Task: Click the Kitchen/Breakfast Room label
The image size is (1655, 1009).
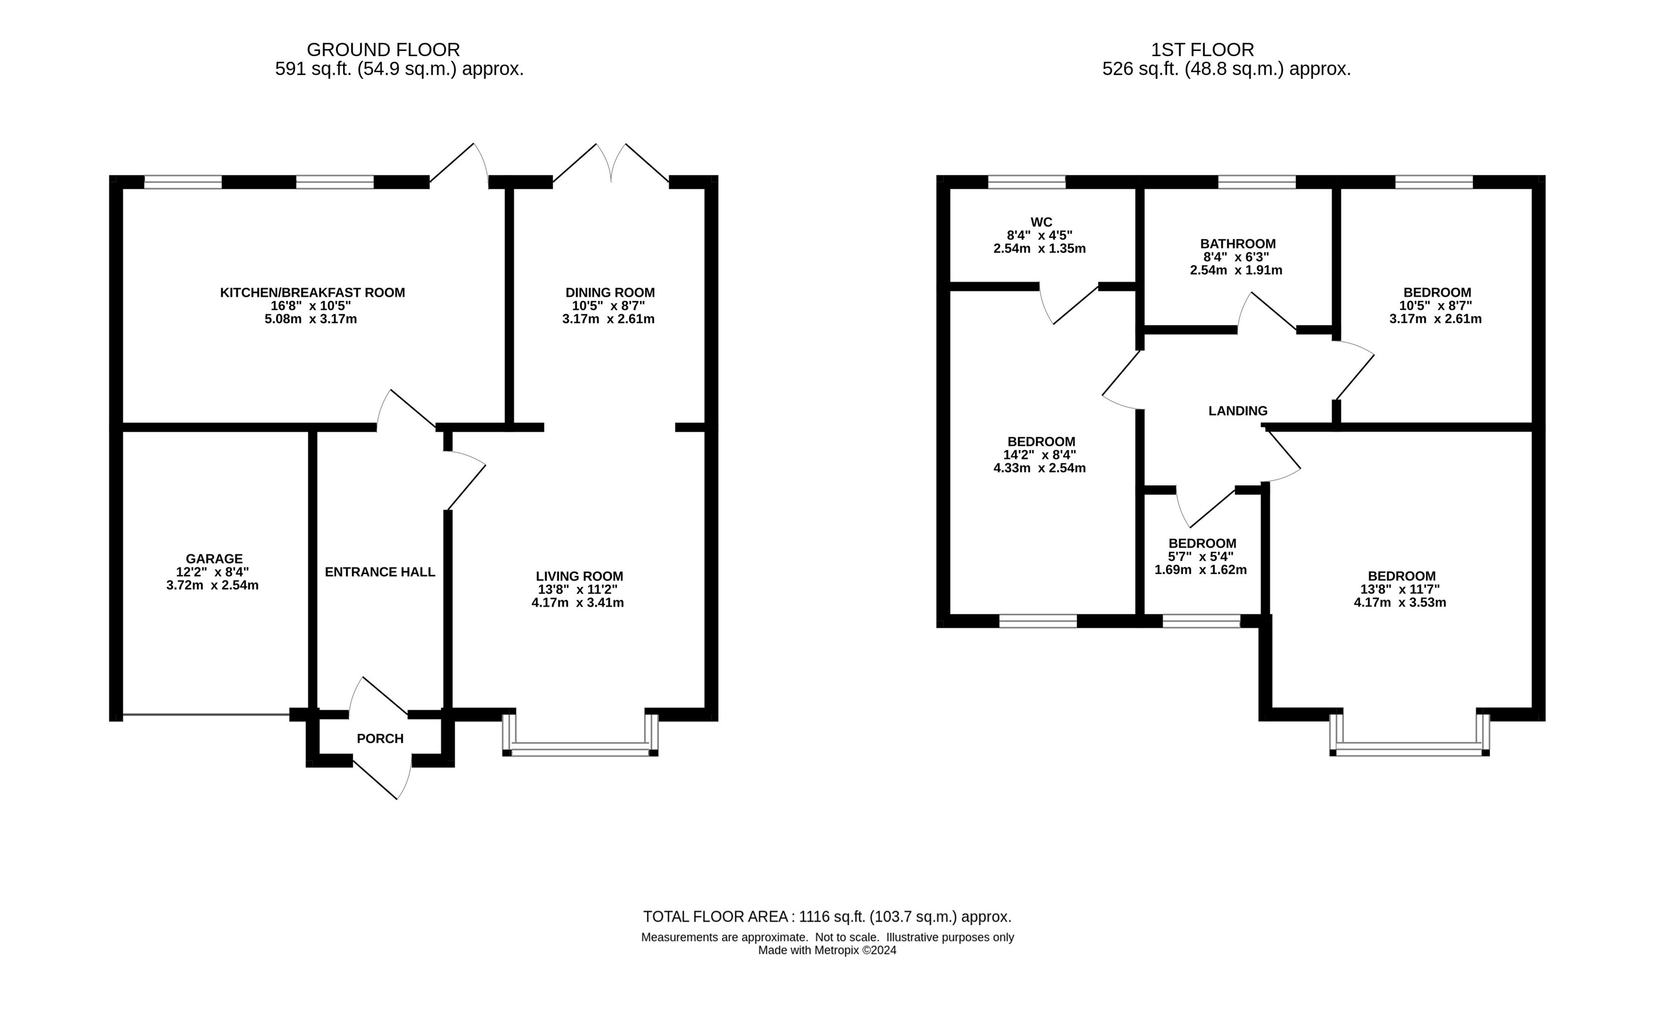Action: (312, 293)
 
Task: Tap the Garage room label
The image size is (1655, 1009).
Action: (214, 559)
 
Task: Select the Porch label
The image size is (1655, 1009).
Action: (380, 739)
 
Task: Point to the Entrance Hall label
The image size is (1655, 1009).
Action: (380, 572)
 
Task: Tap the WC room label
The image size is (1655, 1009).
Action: (1041, 222)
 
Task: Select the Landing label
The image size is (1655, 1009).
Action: (1238, 411)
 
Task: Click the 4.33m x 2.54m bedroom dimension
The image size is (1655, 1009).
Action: (1040, 468)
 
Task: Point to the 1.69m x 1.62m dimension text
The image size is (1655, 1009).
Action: (1201, 570)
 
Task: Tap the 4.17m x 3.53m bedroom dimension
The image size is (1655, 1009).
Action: (1400, 603)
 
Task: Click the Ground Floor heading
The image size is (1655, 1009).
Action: (384, 50)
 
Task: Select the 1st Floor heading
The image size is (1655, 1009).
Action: (1202, 50)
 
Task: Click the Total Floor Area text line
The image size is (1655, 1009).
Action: (827, 917)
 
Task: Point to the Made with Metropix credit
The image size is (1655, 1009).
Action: (827, 950)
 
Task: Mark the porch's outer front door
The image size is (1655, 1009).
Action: (382, 779)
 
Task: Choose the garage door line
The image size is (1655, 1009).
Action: (206, 714)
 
